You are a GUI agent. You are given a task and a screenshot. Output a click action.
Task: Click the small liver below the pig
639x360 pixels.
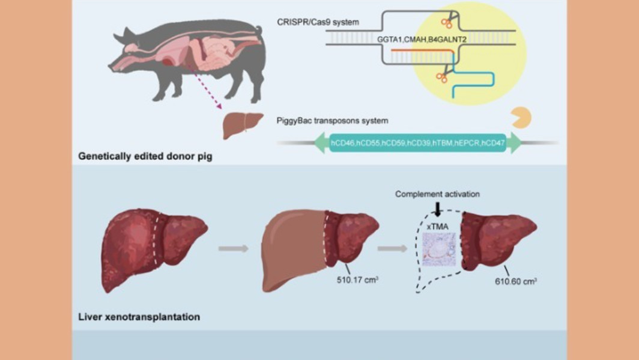click(x=243, y=125)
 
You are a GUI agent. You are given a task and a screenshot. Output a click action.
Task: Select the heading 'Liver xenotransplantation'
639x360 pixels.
click(x=139, y=316)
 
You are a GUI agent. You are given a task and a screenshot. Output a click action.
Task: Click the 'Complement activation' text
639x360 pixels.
click(x=438, y=195)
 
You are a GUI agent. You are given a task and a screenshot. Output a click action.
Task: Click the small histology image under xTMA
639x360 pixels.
click(x=438, y=249)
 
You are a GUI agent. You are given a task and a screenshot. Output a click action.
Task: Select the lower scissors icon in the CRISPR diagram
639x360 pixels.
click(x=443, y=77)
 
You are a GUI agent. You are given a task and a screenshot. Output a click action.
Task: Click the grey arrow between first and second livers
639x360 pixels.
click(x=234, y=248)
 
